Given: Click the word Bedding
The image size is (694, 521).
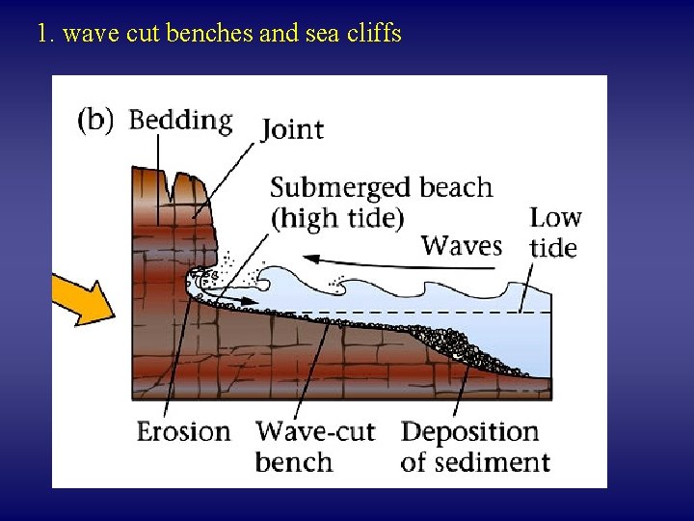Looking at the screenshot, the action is coord(180,121).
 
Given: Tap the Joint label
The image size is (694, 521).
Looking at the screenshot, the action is coord(292,129).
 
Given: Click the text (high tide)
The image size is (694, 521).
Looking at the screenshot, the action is coord(336,218).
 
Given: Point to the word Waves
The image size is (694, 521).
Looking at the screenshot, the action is coord(462,245).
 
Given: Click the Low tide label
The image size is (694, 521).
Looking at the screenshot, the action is coord(554,233).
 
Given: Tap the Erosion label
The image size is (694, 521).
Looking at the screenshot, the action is coord(183,430).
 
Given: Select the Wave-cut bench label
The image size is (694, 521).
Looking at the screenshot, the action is coord(314,446).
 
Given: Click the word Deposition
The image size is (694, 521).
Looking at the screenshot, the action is coord(469,430).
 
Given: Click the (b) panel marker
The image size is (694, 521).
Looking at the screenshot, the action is coord(95,120).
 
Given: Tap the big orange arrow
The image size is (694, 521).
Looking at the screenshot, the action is coord(82,298).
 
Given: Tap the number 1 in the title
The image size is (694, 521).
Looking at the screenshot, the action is coord(41,35).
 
